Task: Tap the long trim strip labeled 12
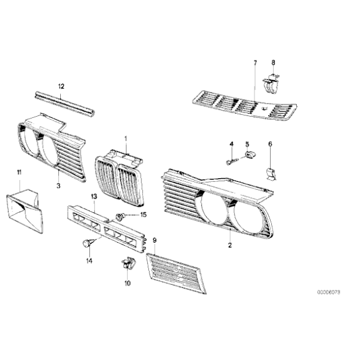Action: (x=64, y=102)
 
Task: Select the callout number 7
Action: (x=254, y=63)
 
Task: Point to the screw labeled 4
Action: (x=232, y=161)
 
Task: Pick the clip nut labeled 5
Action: (x=250, y=154)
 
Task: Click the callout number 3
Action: (x=58, y=185)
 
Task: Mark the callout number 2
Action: (x=229, y=246)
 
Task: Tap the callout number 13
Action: (x=94, y=196)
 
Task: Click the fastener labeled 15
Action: (x=120, y=216)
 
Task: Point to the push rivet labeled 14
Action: (x=86, y=243)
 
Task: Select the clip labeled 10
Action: (x=127, y=265)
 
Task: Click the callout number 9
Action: (x=155, y=239)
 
